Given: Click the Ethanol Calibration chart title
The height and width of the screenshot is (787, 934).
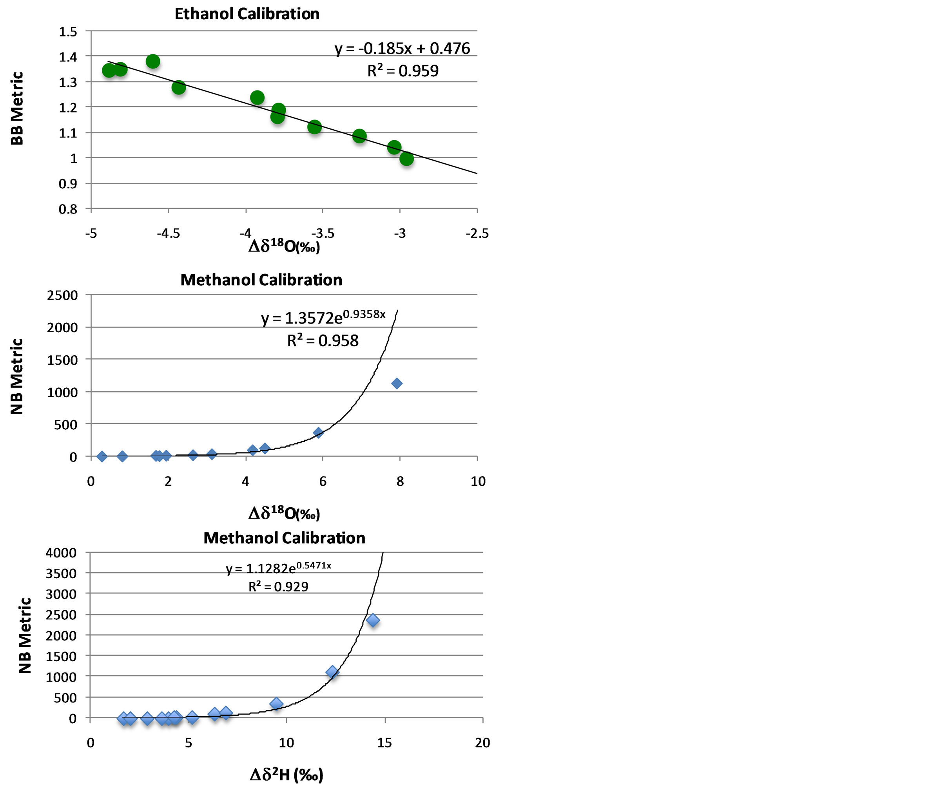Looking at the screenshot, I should click(x=247, y=14).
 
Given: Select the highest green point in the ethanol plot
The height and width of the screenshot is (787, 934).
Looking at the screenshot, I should click(x=153, y=62).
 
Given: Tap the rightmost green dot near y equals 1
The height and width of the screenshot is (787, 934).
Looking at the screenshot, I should click(x=406, y=158).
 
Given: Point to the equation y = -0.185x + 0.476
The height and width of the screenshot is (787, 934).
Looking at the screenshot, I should click(x=402, y=48).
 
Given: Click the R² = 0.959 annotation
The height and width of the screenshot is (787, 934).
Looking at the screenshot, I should click(x=403, y=71).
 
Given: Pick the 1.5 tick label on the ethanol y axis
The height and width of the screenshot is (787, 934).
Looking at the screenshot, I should click(x=68, y=32).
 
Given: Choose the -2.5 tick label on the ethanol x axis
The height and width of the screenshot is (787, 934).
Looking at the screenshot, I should click(x=477, y=233).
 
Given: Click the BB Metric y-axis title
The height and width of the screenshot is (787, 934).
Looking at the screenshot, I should click(x=17, y=109).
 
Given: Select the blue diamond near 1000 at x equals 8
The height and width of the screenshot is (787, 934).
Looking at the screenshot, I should click(x=397, y=383).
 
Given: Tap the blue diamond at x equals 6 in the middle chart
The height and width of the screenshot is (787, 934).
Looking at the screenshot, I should click(x=318, y=432).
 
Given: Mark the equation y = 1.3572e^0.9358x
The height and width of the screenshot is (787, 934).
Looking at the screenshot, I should click(x=323, y=317).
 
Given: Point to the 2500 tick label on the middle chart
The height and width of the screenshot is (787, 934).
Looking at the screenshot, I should click(x=62, y=295).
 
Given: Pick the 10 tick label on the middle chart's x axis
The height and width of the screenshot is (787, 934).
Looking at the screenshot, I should click(x=478, y=481).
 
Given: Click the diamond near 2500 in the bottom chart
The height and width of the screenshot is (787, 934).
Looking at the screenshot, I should click(x=373, y=620).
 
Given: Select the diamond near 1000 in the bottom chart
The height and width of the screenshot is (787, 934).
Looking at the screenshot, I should click(x=332, y=672).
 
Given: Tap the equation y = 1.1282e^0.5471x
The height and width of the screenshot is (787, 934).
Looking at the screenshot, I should click(x=278, y=568).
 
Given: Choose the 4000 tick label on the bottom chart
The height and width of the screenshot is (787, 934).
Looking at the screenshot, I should click(x=61, y=553).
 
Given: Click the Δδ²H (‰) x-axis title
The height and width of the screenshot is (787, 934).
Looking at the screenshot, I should click(x=286, y=774).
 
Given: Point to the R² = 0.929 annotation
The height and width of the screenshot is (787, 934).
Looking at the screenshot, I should click(x=278, y=586).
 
